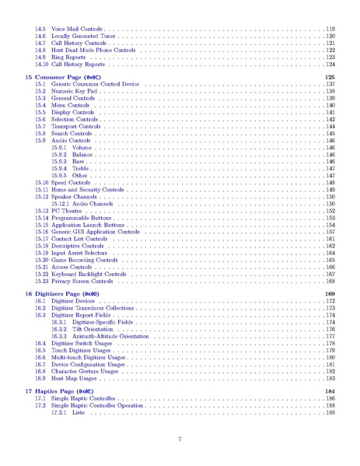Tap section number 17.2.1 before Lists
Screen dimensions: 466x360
tap(59, 412)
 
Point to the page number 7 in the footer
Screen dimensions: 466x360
tap(180, 440)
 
